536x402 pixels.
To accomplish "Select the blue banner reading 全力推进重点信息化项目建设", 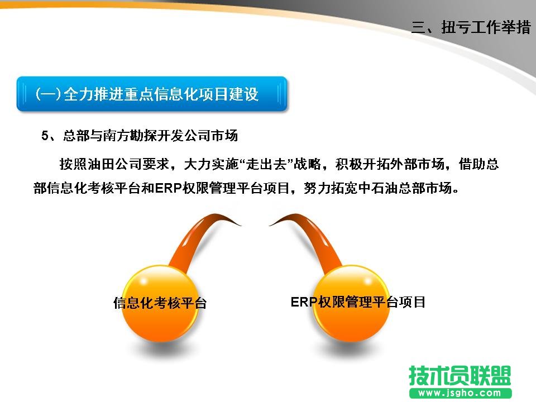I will click(x=152, y=94).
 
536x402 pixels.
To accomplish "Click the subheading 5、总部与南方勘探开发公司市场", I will click(x=140, y=135).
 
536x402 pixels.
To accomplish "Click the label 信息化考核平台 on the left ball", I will click(x=160, y=303).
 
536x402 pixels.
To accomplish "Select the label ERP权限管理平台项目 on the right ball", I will click(x=358, y=302).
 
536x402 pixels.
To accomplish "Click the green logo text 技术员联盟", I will click(x=460, y=376).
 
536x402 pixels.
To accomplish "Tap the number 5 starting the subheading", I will click(x=45, y=135).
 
